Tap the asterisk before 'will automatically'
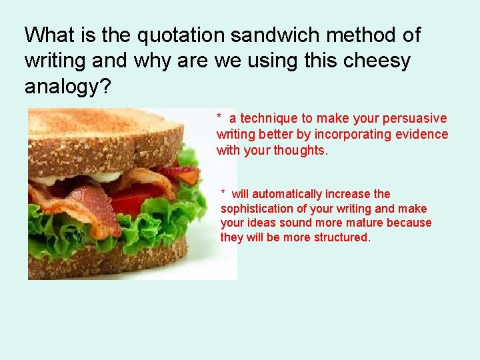coord(224,193)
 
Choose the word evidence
coord(423,134)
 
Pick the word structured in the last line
coord(340,237)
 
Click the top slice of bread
coord(107,137)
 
